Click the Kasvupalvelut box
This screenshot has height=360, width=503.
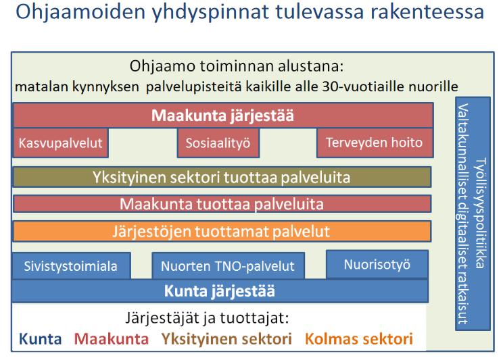pos(60,143)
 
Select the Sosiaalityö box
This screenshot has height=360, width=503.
pos(218,143)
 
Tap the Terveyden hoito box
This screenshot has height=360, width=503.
pos(375,143)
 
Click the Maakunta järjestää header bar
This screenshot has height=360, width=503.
pos(223,115)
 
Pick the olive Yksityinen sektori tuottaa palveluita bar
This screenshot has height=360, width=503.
pos(222,177)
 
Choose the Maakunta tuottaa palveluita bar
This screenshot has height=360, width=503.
pos(222,204)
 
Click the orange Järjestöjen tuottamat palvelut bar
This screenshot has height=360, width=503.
pos(222,231)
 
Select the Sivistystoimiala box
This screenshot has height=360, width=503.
pos(71,265)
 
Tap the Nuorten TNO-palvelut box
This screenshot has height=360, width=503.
pos(228,265)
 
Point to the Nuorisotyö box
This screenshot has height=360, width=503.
pos(377,265)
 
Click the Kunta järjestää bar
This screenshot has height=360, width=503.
pos(220,291)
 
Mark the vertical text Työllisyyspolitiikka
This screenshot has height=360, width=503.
pos(481,213)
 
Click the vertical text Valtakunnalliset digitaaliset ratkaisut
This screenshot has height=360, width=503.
pos(462,214)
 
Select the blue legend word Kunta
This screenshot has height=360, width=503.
pos(40,339)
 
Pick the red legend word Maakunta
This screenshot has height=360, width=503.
pos(112,339)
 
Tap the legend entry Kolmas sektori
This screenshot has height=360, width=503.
pos(358,339)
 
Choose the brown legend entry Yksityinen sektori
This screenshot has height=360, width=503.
pos(226,339)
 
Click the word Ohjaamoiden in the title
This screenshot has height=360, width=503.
pos(80,12)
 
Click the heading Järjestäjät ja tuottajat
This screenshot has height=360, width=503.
pos(207,318)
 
